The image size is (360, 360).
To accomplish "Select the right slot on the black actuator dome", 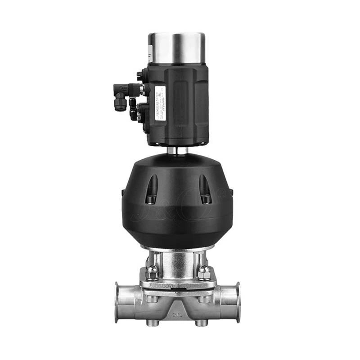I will click(x=205, y=189).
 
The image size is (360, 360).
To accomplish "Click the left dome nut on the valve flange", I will click(x=152, y=271).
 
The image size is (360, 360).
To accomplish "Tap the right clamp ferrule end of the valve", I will click(x=238, y=302).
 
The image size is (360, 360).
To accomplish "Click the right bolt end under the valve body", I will click(x=202, y=323).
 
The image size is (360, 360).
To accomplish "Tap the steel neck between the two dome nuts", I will click(x=178, y=265).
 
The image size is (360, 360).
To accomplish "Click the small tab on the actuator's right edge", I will click(x=231, y=192).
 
